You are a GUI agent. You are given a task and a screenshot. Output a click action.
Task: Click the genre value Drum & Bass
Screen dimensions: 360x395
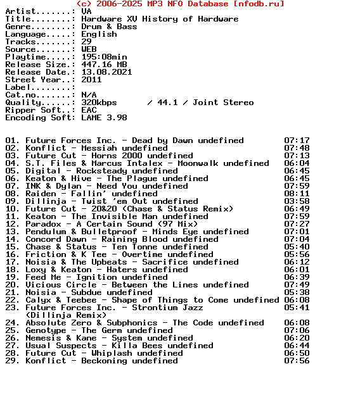(109, 27)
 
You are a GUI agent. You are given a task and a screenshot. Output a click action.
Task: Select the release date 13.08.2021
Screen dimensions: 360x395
(106, 72)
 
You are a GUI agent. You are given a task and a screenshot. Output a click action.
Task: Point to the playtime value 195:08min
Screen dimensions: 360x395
(104, 57)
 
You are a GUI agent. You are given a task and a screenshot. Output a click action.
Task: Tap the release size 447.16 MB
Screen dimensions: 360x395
(104, 65)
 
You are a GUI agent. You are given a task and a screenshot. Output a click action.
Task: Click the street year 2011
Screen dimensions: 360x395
(91, 80)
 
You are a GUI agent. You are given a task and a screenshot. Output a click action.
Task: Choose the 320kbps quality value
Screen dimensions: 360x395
(99, 103)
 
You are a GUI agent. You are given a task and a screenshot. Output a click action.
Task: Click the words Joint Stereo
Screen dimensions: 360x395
(223, 103)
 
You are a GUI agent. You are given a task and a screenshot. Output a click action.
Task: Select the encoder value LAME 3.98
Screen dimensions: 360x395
(104, 118)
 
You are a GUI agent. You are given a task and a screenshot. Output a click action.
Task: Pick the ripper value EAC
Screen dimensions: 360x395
(89, 110)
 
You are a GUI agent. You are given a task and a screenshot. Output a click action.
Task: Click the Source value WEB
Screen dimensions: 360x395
(89, 49)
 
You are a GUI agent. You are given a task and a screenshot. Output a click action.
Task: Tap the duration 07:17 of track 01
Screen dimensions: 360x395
(297, 141)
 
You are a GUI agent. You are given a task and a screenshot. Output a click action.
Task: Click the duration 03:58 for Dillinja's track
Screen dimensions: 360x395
(297, 201)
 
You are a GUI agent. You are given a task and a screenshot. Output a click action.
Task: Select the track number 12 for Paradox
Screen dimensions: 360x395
(12, 224)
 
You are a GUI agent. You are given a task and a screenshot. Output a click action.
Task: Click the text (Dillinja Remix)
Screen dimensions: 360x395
(66, 315)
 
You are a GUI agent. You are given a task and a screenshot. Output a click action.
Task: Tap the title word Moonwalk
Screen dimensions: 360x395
(198, 163)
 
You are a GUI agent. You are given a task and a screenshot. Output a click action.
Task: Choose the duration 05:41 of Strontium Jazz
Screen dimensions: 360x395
(297, 308)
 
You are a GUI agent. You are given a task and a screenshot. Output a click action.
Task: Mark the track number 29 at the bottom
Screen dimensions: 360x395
(12, 361)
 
